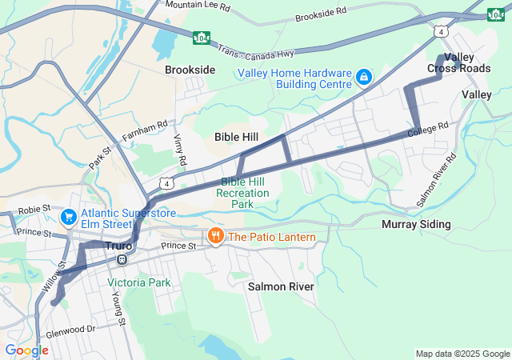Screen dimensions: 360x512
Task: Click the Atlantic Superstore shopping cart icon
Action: [x=69, y=216]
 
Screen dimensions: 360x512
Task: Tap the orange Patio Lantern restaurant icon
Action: [x=214, y=237]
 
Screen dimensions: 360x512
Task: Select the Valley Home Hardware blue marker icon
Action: [x=363, y=77]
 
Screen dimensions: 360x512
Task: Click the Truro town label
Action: [x=118, y=246]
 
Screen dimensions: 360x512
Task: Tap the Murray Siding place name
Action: [x=416, y=225]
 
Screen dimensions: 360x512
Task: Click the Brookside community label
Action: [x=190, y=70]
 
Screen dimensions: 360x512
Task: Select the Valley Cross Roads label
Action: [x=458, y=62]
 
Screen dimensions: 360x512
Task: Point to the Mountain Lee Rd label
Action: [x=198, y=6]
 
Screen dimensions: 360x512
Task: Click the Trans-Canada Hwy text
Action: [x=256, y=49]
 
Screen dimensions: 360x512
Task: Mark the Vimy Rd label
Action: [x=179, y=150]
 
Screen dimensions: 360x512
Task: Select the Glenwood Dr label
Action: [x=71, y=329]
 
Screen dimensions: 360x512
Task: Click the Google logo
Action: [x=26, y=350]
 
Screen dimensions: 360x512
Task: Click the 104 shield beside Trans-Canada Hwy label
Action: [x=202, y=37]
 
